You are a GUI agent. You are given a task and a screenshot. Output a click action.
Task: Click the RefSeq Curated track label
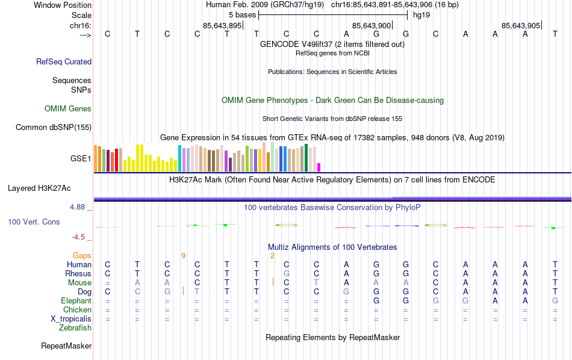[64, 61]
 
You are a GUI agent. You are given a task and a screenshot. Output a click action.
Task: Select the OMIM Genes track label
[68, 109]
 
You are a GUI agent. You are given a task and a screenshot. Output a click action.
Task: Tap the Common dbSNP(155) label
[54, 127]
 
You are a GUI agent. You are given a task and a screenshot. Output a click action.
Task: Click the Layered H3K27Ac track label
[49, 188]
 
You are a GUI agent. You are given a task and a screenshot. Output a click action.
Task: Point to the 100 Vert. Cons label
[34, 222]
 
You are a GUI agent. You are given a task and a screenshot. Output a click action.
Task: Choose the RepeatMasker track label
[66, 346]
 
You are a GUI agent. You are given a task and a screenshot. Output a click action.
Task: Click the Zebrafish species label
[75, 328]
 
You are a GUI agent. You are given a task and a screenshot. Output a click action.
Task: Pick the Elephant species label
[76, 300]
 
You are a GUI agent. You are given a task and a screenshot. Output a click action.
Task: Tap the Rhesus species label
[78, 273]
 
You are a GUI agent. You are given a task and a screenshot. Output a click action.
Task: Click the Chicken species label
[77, 309]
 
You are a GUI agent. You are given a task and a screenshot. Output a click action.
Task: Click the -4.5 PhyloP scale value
[82, 237]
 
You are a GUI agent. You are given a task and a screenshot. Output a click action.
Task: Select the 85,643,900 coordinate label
[371, 25]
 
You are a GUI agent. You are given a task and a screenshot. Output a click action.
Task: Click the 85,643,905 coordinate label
[521, 25]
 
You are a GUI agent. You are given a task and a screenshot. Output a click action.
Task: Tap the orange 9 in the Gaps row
[183, 256]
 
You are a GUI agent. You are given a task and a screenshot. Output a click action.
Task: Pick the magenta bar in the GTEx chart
[319, 167]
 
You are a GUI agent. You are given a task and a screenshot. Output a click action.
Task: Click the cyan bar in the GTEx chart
[179, 158]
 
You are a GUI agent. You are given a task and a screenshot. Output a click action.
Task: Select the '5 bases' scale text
[242, 14]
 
